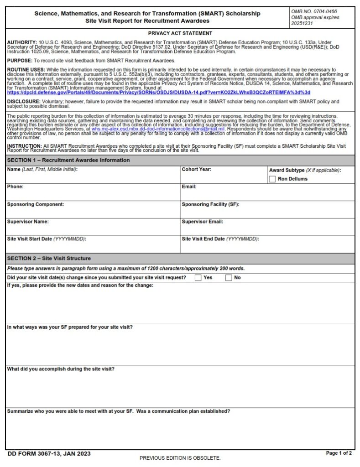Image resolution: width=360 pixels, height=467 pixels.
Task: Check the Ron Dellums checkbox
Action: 272,179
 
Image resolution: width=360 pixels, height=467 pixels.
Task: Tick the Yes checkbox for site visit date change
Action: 198,278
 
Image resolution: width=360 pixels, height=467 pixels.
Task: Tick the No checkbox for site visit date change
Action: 229,278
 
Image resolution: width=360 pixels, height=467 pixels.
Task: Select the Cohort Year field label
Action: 196,170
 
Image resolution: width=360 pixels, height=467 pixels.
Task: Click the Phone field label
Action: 15,187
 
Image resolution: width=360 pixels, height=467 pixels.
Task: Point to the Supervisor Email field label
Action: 202,222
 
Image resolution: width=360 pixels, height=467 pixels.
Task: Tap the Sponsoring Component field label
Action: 35,204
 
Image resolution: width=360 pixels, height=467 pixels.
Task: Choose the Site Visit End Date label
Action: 220,239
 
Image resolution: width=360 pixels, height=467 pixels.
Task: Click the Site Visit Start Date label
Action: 47,239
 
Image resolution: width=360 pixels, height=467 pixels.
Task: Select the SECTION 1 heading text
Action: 68,160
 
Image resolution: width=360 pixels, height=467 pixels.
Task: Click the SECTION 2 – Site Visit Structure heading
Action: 49,259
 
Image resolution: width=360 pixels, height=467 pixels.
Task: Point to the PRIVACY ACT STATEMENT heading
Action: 180,33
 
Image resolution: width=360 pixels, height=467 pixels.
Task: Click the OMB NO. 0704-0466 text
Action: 313,11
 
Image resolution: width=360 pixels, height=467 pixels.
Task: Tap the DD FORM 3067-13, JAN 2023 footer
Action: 49,454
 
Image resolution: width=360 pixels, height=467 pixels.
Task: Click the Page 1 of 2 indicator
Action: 339,453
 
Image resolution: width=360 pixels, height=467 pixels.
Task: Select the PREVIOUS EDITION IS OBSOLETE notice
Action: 180,458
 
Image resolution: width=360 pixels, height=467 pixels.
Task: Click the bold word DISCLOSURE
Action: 24,102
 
